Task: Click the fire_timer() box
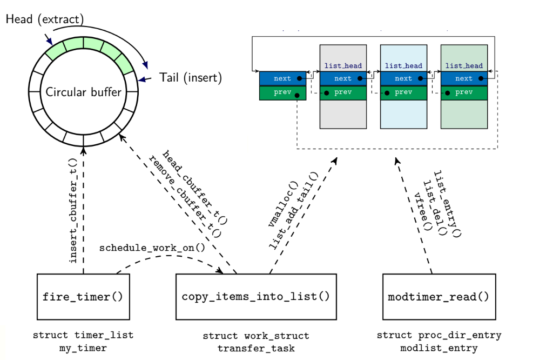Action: tap(83, 296)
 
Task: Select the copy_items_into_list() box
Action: tap(255, 296)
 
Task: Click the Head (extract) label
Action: tap(45, 19)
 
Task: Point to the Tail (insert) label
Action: tap(191, 77)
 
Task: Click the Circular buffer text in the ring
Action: tap(84, 92)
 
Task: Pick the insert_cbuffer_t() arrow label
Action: tap(73, 211)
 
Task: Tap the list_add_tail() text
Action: tap(294, 211)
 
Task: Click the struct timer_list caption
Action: tap(83, 335)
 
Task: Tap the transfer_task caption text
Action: tap(256, 349)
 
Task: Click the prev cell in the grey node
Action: tap(343, 92)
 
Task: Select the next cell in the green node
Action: tap(464, 78)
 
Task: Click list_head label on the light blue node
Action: tap(403, 66)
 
